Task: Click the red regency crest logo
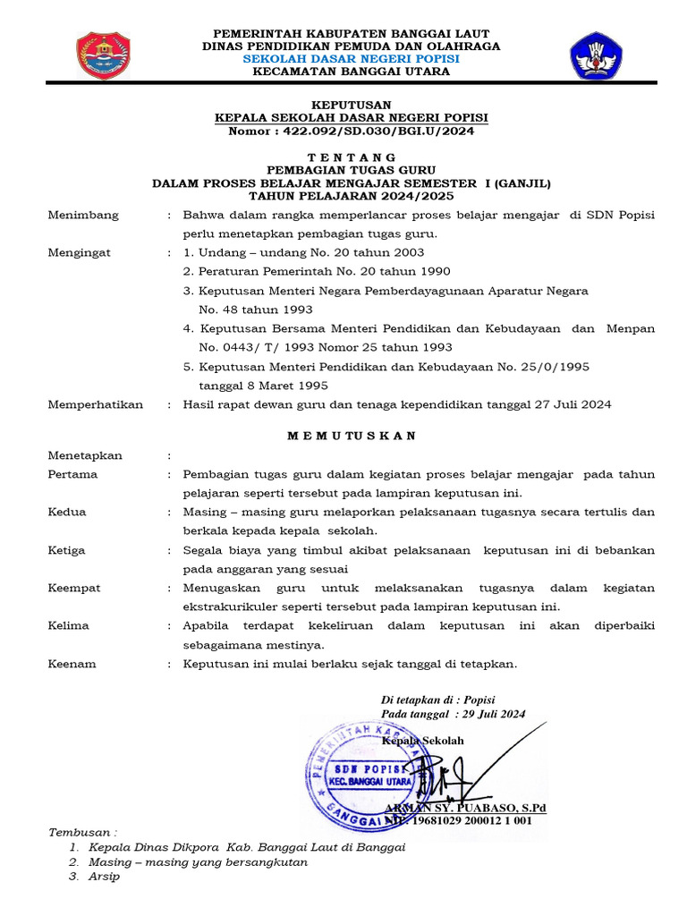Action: click(104, 55)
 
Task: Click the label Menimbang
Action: click(83, 215)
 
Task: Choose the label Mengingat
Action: click(80, 252)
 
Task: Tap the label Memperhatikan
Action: click(96, 404)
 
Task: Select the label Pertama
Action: click(72, 474)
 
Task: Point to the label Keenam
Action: click(72, 664)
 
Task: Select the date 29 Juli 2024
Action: click(490, 714)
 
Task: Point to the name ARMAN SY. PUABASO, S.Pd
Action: click(465, 808)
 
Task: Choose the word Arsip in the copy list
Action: click(104, 877)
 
